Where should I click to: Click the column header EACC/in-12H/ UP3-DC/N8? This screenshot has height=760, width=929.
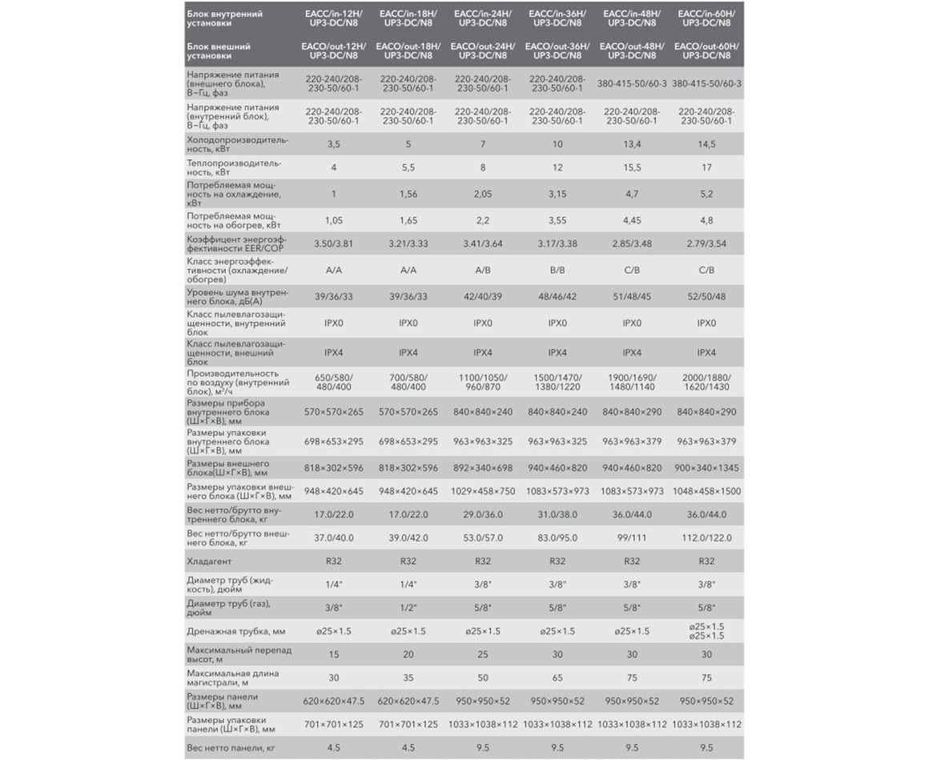(334, 19)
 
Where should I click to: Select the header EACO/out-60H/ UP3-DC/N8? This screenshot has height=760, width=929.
(706, 51)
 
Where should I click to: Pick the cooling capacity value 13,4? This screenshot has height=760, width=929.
(632, 144)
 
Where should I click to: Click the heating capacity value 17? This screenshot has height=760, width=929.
(706, 167)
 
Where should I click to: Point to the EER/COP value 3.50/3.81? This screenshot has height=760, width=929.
(334, 240)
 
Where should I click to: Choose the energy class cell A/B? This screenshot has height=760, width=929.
(483, 270)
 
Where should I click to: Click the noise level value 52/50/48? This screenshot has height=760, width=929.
(706, 296)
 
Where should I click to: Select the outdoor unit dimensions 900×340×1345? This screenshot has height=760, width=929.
(706, 468)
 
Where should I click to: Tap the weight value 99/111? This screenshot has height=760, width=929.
(632, 537)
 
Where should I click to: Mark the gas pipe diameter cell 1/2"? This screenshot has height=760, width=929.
(408, 608)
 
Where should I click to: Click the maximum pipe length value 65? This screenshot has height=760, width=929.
(557, 678)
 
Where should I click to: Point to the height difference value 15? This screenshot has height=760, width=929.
(334, 654)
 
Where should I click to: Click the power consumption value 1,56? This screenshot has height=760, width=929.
(408, 194)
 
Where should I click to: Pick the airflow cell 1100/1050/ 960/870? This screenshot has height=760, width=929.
(483, 381)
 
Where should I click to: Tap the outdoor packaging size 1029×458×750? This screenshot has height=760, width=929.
(483, 491)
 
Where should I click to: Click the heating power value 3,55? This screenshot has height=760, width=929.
(557, 219)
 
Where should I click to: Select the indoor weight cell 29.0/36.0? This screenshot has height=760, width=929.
(483, 514)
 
